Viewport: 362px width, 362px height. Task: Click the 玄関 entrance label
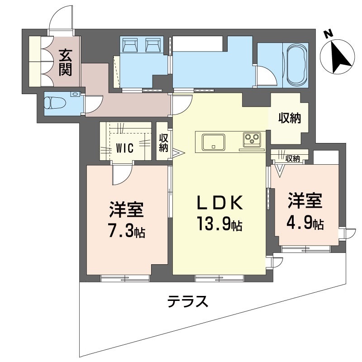point(65,62)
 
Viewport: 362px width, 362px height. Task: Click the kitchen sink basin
point(214,142)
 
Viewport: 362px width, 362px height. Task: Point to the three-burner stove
point(252,140)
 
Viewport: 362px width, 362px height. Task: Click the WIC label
point(125,148)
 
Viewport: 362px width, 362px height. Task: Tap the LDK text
point(219,202)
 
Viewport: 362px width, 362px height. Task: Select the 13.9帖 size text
point(219,224)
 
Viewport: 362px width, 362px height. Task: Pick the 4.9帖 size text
point(305,223)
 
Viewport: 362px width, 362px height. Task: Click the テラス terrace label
point(188,301)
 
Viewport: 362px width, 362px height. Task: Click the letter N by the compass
point(329,34)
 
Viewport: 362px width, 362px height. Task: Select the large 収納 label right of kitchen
point(290,118)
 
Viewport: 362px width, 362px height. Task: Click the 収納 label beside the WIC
point(163,143)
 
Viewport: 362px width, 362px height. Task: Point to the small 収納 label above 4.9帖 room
point(292,158)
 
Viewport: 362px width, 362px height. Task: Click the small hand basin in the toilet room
point(75,94)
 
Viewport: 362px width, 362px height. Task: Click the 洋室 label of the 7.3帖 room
point(126,210)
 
